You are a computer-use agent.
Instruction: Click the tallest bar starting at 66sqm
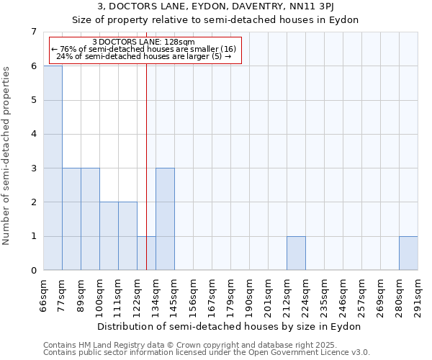point(53,168)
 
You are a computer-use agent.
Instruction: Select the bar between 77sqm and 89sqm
point(71,219)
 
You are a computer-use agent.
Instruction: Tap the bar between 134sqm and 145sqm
point(165,219)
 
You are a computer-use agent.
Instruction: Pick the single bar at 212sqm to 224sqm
point(296,253)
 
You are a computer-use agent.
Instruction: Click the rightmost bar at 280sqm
point(408,253)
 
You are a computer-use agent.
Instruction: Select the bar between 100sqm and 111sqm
point(109,236)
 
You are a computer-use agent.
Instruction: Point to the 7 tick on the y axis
point(33,32)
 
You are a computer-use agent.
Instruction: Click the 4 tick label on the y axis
point(33,134)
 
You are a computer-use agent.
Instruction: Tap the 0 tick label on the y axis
point(33,271)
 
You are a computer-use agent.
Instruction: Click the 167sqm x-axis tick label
point(212,295)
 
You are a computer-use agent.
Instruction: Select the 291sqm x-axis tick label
point(418,295)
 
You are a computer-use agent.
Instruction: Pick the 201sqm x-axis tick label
point(269,295)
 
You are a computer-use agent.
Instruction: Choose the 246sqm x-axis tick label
point(343,295)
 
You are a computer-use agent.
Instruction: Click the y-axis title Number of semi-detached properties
point(6,156)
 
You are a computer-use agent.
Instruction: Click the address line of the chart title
point(215,6)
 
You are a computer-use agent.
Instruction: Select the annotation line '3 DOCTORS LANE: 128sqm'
point(143,42)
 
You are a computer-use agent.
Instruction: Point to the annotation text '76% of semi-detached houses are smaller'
point(143,49)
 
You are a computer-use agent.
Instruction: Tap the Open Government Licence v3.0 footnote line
point(207,353)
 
